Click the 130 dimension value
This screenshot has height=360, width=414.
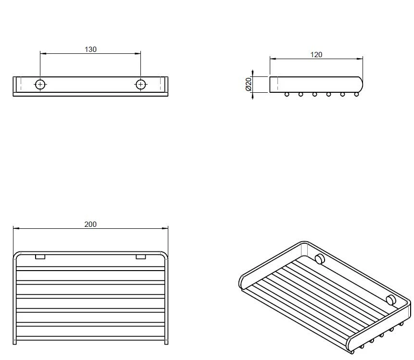point(90,49)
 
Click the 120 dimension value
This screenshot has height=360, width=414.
point(316,55)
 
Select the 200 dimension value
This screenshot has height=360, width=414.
point(90,224)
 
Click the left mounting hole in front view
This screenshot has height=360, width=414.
point(40,85)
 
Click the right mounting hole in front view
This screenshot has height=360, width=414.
point(141,85)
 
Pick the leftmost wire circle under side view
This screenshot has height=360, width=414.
point(287,94)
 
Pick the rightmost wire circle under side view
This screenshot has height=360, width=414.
point(356,94)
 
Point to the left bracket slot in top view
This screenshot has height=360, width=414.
point(40,257)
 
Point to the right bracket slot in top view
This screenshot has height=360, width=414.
point(140,257)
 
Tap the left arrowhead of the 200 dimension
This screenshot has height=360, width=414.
point(15,228)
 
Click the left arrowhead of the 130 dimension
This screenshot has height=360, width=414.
point(42,53)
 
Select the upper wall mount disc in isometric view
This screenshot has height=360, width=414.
point(319,260)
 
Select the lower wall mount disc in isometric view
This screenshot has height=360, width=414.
point(391,300)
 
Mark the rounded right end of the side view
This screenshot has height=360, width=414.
point(359,84)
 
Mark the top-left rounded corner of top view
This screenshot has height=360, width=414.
point(16,255)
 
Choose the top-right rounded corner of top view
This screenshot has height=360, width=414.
point(165,255)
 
